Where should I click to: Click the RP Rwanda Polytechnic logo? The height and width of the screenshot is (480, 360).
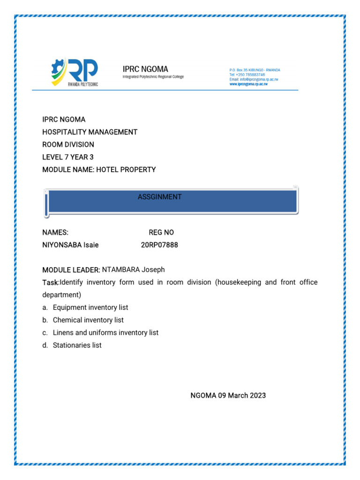pos(75,73)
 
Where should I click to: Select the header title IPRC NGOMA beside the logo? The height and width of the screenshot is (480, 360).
pos(145,69)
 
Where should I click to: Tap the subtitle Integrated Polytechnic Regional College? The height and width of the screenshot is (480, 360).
pos(153,77)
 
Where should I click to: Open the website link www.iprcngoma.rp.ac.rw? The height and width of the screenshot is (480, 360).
pos(248,84)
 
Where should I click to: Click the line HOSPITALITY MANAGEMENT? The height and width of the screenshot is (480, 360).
pos(90,132)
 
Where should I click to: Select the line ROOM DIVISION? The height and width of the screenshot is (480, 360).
pos(68,144)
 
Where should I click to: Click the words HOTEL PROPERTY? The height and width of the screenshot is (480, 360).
pos(126,170)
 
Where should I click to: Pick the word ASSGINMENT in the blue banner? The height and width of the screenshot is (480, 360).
pos(159,197)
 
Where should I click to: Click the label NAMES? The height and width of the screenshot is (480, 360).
pos(55,232)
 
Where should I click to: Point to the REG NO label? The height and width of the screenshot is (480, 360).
pos(161,232)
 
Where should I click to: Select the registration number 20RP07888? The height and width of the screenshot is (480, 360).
pos(159,245)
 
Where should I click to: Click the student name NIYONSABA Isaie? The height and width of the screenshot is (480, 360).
pos(70,245)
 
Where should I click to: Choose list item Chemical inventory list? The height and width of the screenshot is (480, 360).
pos(88,320)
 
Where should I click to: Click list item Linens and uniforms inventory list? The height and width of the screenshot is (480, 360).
pos(105,333)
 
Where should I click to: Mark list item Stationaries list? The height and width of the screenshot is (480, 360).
pos(77,345)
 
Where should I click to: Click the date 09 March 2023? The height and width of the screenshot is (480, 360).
pos(241,396)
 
